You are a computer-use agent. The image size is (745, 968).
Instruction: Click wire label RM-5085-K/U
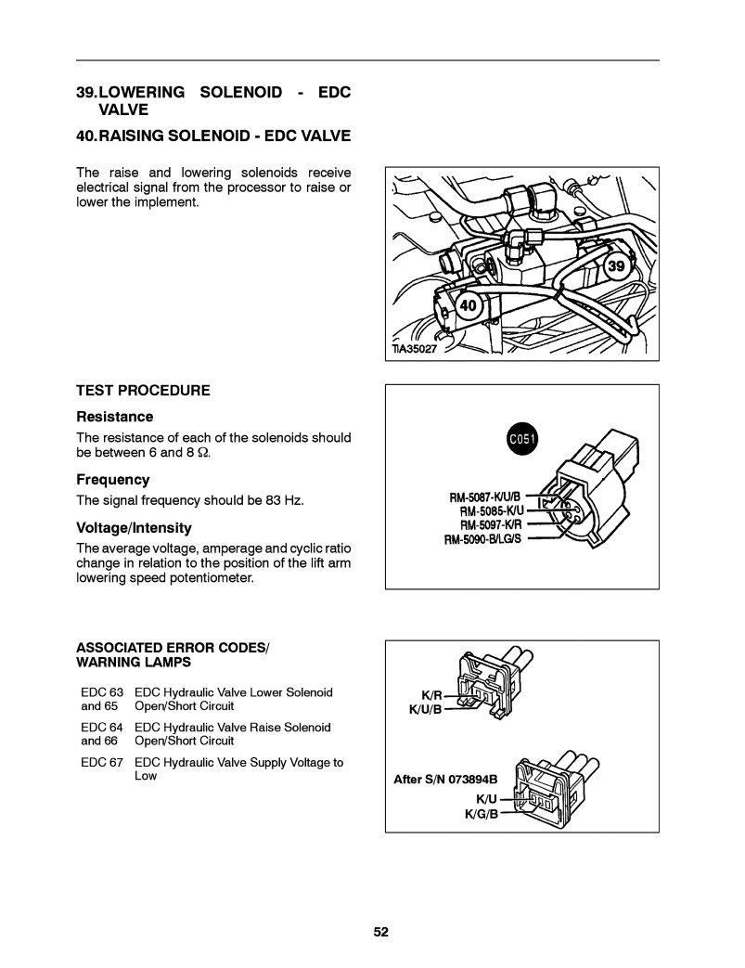coord(499,510)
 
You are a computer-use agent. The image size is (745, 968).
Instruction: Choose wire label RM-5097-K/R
coord(498,524)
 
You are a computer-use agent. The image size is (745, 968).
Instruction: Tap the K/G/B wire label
coord(482,814)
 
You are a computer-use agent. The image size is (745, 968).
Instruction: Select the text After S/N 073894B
coord(446,780)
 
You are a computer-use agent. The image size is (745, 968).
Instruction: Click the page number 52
coord(380,932)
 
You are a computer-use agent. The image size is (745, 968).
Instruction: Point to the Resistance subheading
coord(114,417)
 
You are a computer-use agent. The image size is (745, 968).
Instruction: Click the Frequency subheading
coord(112,480)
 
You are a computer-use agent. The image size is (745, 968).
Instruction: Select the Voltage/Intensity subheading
coord(134,528)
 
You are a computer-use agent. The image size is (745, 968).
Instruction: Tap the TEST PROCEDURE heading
coord(143,391)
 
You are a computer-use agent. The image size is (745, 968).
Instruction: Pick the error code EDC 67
coord(101,762)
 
